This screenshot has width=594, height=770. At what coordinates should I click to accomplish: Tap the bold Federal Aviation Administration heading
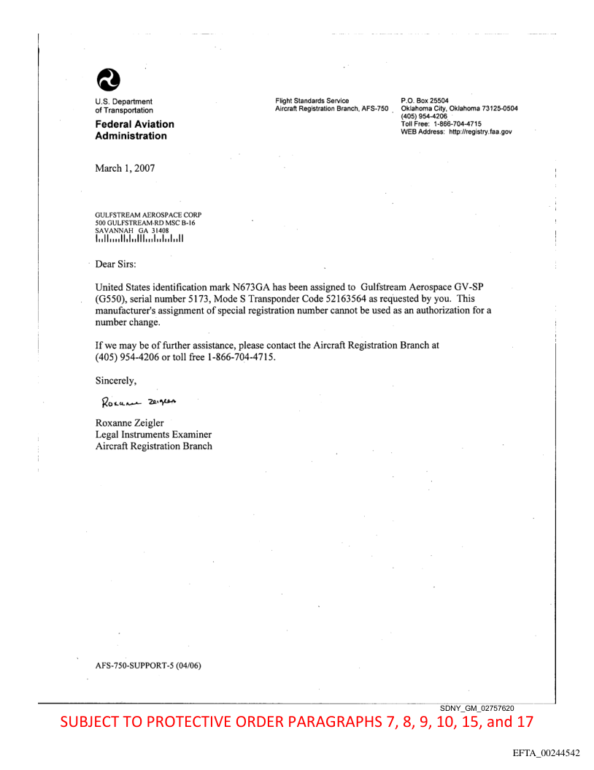pos(135,130)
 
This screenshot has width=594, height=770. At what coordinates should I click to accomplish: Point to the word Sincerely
pos(116,379)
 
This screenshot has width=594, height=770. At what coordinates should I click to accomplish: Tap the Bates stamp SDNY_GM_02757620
pos(478,709)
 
